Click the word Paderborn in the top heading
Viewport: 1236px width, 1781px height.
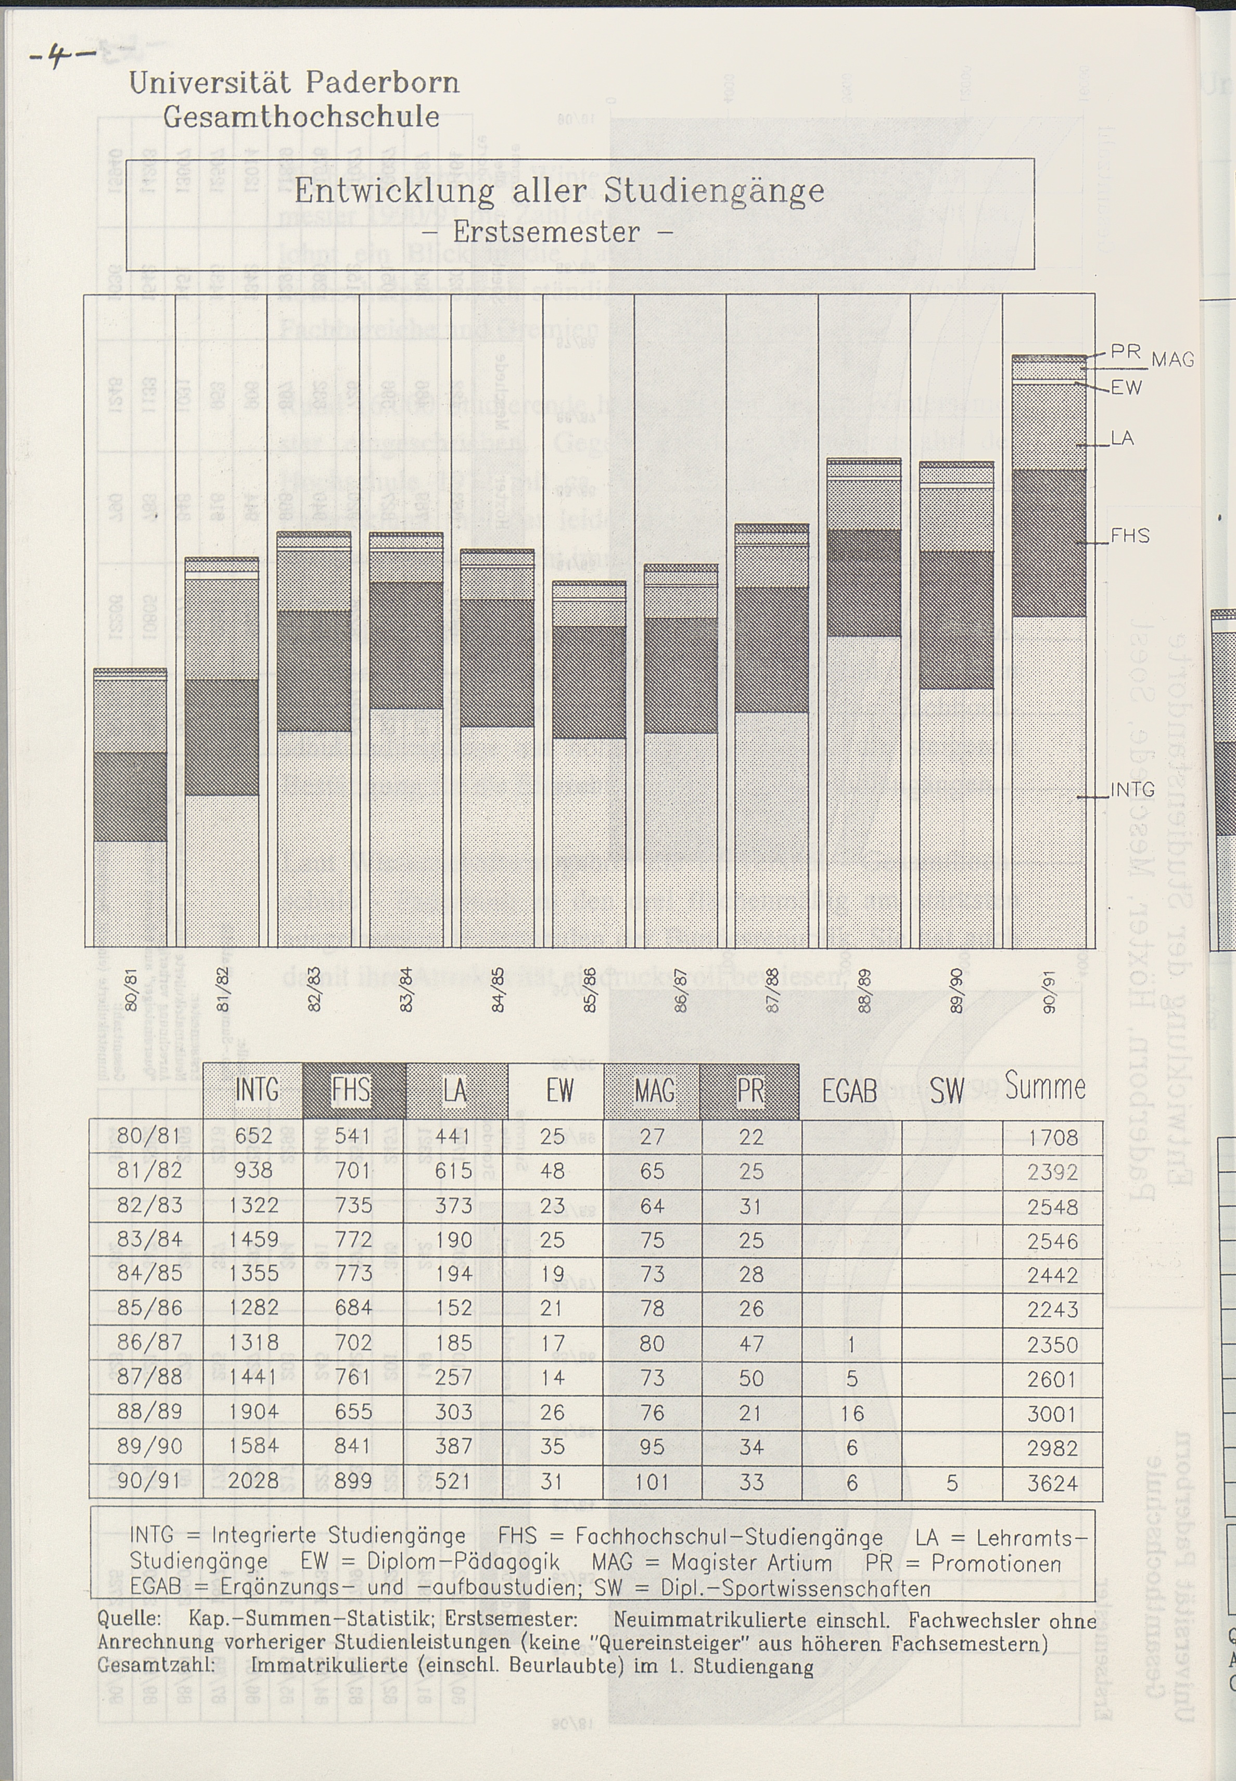pyautogui.click(x=382, y=82)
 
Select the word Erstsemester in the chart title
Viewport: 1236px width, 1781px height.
pyautogui.click(x=547, y=232)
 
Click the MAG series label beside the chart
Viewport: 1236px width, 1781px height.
pyautogui.click(x=1173, y=360)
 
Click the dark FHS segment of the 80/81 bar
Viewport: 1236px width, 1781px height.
pyautogui.click(x=130, y=796)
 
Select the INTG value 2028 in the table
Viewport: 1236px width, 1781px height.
pyautogui.click(x=253, y=1481)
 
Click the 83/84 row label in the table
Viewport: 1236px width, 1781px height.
pyautogui.click(x=149, y=1240)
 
